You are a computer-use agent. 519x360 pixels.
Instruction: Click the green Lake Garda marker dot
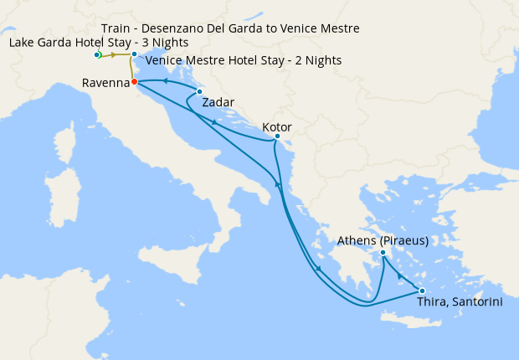[x=98, y=55]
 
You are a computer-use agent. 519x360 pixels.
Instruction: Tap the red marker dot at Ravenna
[x=134, y=82]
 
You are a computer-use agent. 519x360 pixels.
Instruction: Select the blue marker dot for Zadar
[x=199, y=91]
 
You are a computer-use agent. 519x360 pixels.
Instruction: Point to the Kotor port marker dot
[x=277, y=136]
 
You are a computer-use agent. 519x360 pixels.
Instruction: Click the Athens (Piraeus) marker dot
[x=383, y=252]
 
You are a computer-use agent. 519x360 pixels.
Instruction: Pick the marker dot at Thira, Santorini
[x=422, y=291]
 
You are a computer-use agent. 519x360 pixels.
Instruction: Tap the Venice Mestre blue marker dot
[x=134, y=54]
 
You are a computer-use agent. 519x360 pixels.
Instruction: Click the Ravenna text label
[x=106, y=83]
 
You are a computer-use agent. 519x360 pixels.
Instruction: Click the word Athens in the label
[x=355, y=241]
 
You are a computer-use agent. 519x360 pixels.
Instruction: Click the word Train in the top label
[x=118, y=28]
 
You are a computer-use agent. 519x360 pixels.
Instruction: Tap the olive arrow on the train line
[x=114, y=55]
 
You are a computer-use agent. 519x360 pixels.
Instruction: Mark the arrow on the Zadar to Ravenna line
[x=164, y=81]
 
